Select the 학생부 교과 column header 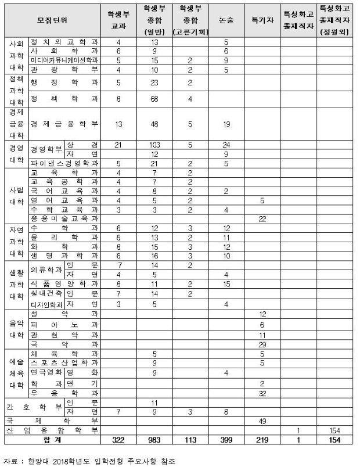pos(118,20)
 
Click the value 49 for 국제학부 pos(262,420)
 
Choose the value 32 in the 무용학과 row pos(262,393)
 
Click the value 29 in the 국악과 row pos(262,344)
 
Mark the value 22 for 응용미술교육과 pos(262,218)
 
